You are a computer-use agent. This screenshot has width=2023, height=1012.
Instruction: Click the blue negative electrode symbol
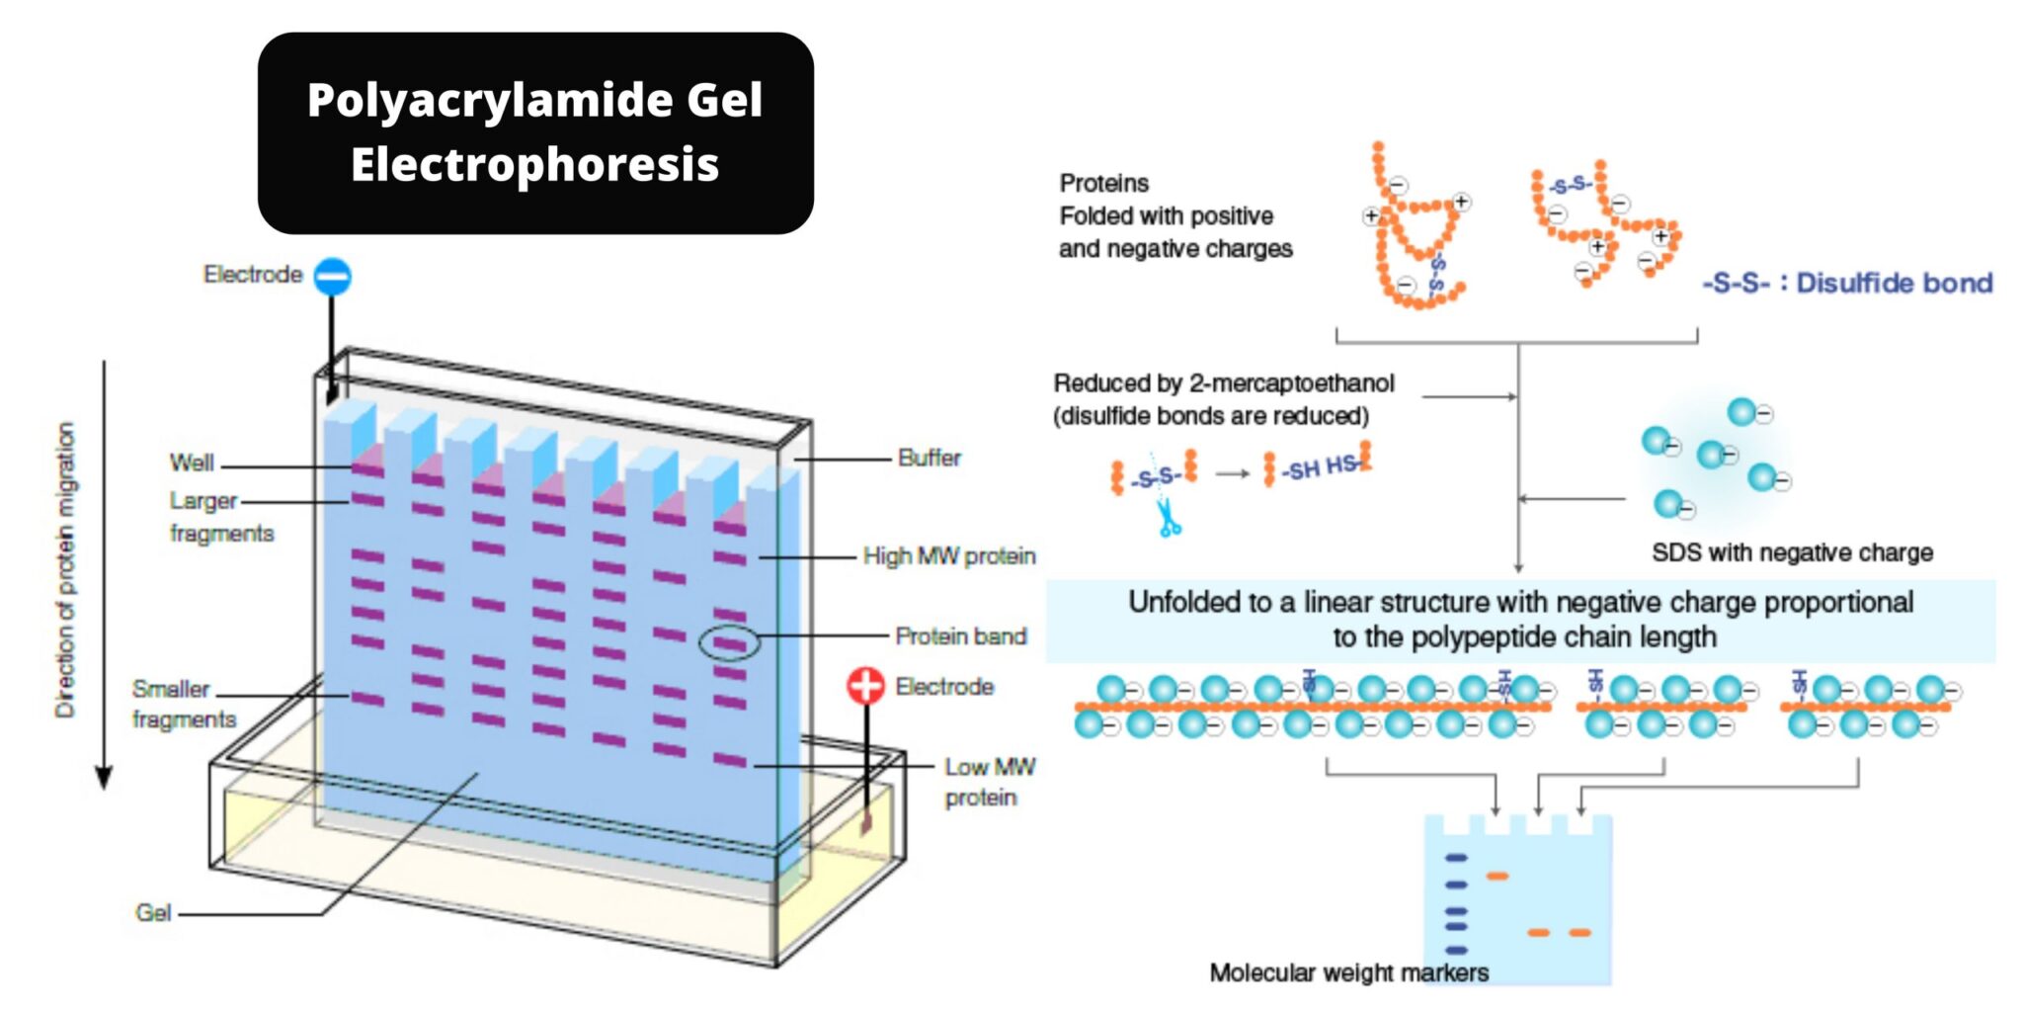[332, 277]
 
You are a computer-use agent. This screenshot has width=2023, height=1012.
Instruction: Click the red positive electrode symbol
[865, 685]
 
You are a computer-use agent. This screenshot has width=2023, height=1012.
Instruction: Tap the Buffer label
[929, 459]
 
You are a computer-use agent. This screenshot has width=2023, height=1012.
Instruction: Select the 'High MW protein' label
[948, 556]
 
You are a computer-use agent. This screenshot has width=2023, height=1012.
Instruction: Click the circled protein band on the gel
[730, 644]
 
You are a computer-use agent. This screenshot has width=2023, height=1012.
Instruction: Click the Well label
[191, 463]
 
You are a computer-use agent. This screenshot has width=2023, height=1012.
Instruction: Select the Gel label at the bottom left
[153, 912]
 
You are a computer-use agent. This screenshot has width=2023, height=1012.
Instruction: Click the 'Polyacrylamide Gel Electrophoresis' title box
[535, 132]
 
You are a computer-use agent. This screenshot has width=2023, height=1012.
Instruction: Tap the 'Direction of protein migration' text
[65, 570]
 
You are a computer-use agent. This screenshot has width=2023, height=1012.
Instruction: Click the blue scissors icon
[1169, 519]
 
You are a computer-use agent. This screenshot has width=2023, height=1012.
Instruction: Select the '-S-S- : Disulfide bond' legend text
[1847, 284]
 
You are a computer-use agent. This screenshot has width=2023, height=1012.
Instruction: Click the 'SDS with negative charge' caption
[1792, 552]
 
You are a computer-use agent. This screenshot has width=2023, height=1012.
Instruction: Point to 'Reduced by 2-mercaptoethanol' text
[1223, 383]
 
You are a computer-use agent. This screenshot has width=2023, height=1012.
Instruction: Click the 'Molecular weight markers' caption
[1348, 972]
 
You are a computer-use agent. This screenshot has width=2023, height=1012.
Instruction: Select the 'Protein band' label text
[960, 636]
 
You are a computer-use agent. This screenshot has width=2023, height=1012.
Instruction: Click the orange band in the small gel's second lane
[1497, 876]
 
